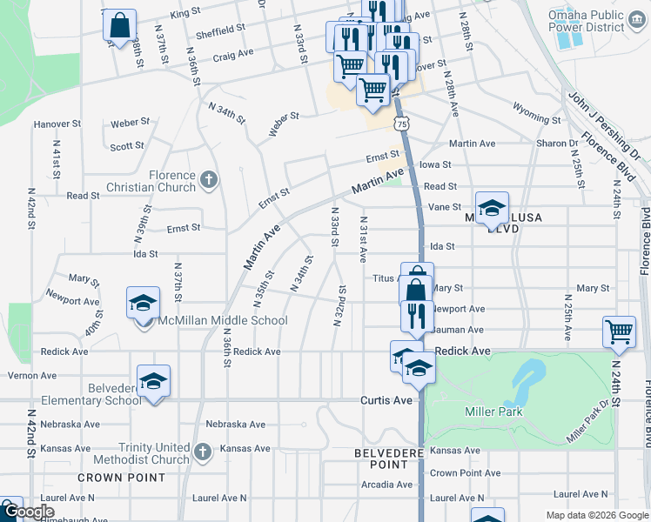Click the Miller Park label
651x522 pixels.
[x=493, y=412]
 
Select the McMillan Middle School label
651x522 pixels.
[x=221, y=320]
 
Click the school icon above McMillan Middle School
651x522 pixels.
[x=144, y=304]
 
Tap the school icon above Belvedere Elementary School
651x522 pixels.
[x=154, y=381]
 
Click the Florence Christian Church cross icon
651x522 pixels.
[x=207, y=180]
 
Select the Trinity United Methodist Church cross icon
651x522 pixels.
[x=201, y=452]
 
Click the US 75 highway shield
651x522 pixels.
[x=401, y=124]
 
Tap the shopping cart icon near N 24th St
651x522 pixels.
[x=618, y=331]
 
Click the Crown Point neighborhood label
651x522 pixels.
[x=121, y=478]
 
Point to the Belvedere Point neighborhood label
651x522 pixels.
[x=388, y=458]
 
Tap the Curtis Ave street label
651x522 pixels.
[x=386, y=400]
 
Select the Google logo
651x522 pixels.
[x=28, y=512]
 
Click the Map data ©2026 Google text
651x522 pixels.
[x=596, y=515]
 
